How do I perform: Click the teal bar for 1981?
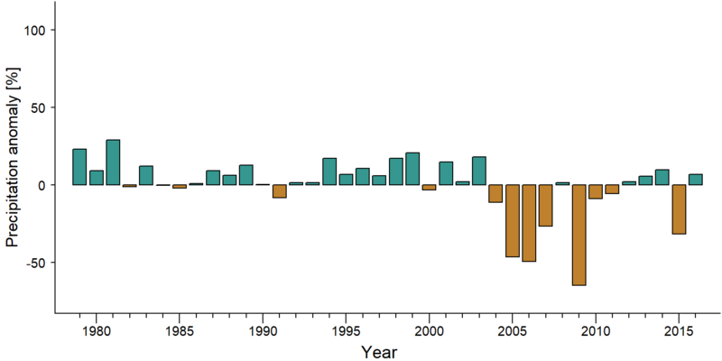(x=113, y=162)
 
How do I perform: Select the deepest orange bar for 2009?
(x=579, y=235)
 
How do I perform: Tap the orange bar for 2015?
(x=679, y=209)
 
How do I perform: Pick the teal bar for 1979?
(x=79, y=167)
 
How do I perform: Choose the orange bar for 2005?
(x=513, y=220)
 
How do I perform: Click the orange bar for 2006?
(x=529, y=223)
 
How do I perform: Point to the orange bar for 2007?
(x=546, y=206)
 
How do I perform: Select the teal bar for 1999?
(x=412, y=169)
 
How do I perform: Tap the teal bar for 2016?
(x=695, y=180)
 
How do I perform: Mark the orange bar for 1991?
(x=279, y=191)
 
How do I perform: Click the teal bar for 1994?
(x=329, y=171)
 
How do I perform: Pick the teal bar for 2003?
(x=479, y=171)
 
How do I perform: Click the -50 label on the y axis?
(x=37, y=263)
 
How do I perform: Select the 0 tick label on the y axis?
(x=44, y=185)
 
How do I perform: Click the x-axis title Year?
(x=378, y=351)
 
